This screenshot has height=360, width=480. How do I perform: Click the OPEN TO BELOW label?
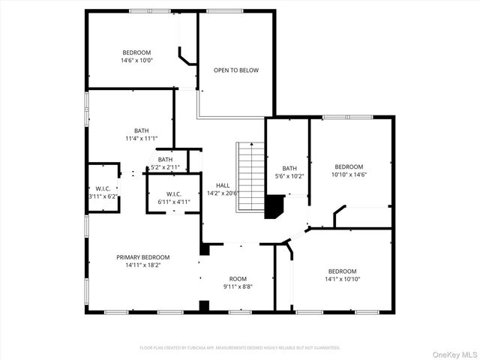(x=235, y=70)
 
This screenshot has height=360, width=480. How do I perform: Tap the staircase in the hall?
(x=250, y=177)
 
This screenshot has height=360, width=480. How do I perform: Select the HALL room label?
(x=223, y=184)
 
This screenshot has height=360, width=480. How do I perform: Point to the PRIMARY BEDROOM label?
(x=142, y=256)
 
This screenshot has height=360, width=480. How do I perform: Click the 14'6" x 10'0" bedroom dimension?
(x=136, y=61)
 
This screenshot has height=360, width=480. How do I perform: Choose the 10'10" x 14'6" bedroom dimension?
(x=349, y=175)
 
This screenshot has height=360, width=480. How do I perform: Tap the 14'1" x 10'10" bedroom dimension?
(x=342, y=279)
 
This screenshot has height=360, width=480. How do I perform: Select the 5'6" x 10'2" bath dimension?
(x=289, y=176)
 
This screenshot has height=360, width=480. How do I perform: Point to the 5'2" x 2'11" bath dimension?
(x=165, y=167)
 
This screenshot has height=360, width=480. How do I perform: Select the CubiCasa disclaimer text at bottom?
(x=240, y=348)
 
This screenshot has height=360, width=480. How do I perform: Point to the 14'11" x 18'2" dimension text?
(x=142, y=265)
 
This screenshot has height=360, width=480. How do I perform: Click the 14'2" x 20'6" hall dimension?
(x=223, y=193)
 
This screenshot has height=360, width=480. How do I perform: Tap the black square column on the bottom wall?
(x=203, y=306)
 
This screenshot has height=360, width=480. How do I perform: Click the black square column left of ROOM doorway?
(x=204, y=248)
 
